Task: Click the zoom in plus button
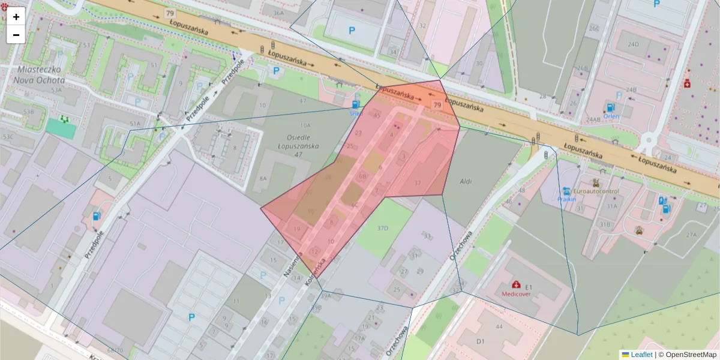click(x=16, y=17)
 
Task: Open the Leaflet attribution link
click(x=641, y=355)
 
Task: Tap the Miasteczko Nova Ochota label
click(x=37, y=74)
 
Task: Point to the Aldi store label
click(x=466, y=181)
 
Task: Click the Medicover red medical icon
click(x=516, y=284)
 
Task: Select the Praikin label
click(x=567, y=199)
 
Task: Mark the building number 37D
click(x=382, y=229)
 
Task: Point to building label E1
click(x=529, y=287)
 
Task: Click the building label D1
click(x=480, y=341)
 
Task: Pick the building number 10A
click(x=305, y=125)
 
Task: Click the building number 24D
click(x=632, y=44)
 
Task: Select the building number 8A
click(x=263, y=178)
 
